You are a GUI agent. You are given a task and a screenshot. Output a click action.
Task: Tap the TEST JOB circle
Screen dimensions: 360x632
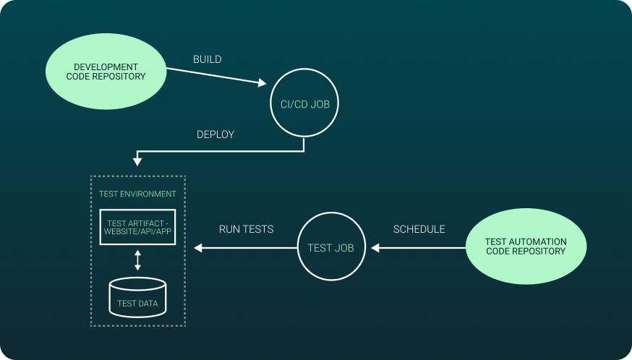[330, 248]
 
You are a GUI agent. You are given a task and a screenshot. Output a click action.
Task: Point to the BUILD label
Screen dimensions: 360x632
[207, 59]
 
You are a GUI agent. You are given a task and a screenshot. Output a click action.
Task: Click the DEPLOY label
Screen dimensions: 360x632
[215, 134]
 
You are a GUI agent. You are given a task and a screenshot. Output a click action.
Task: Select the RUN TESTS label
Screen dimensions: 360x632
[246, 229]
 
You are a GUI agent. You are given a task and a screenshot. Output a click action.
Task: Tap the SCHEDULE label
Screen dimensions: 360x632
[419, 229]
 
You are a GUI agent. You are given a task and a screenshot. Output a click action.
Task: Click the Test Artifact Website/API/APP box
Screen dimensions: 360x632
[137, 226]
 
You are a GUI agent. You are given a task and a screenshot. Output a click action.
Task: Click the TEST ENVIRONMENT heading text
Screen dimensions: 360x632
[137, 194]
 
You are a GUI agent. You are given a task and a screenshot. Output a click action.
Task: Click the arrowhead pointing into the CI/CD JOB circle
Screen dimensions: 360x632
[262, 84]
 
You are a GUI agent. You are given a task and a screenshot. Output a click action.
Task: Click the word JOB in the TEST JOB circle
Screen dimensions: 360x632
[344, 248]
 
